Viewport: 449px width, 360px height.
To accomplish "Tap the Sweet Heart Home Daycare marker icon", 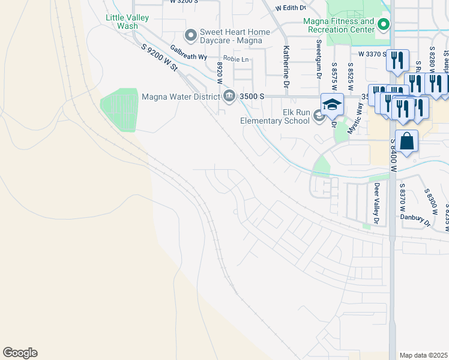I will (191, 36).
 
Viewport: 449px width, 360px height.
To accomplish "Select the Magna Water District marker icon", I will (229, 96).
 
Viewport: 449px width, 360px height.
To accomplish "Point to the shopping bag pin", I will (406, 142).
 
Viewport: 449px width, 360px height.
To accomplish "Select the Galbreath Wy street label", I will (188, 52).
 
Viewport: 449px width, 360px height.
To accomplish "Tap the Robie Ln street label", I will (237, 59).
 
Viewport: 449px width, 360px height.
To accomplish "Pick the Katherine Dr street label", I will (286, 67).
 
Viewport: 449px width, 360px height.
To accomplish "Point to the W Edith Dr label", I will (291, 8).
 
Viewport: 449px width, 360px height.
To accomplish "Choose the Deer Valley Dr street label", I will (377, 203).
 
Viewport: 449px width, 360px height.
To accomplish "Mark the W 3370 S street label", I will (373, 54).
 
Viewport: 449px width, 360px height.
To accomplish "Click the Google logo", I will (20, 353).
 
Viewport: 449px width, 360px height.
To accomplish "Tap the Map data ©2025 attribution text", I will (424, 355).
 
